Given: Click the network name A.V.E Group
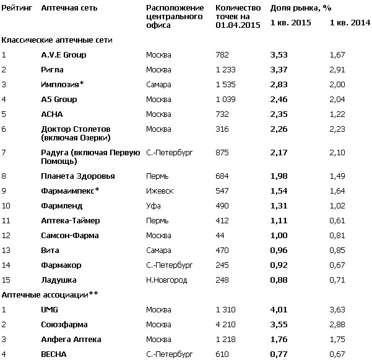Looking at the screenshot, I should pos(63,54).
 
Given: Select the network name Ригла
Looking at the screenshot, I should pos(52,69).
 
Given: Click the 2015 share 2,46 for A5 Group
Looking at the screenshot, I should pos(280,99).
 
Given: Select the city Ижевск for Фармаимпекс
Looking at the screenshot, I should pos(159,191).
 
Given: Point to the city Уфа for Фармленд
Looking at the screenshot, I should pos(152,205).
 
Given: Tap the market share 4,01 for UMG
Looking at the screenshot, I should pos(280,310).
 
